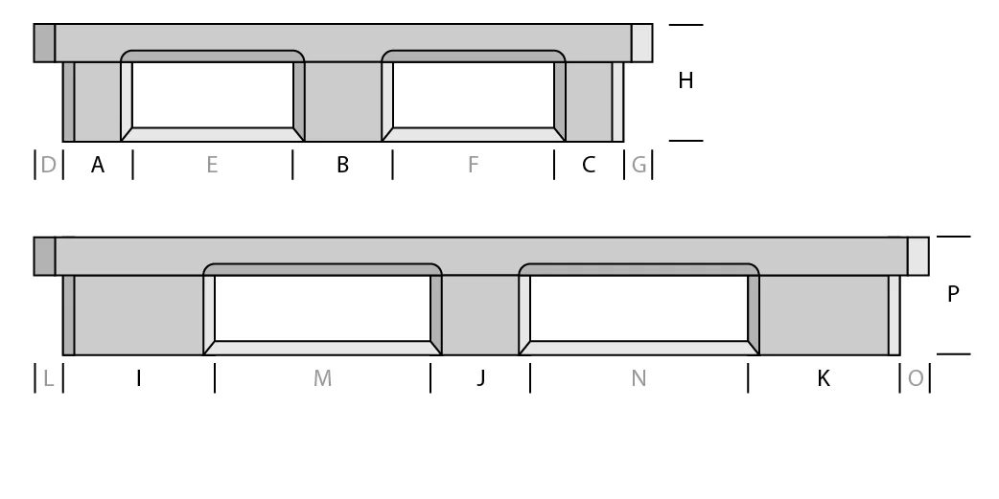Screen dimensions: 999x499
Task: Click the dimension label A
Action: pos(98,166)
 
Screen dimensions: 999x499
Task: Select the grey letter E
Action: pos(212,166)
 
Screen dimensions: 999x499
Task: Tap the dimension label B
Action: pos(342,166)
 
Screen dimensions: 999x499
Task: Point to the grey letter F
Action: pos(473,166)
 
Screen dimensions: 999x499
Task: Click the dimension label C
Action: pos(589,166)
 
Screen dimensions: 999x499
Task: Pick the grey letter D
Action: pos(49,166)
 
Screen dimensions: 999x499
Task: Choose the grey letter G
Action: pos(639,166)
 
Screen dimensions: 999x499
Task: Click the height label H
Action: pos(685,80)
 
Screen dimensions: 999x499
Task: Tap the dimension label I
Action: pos(139,378)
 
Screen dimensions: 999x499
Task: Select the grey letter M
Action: pos(322,378)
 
